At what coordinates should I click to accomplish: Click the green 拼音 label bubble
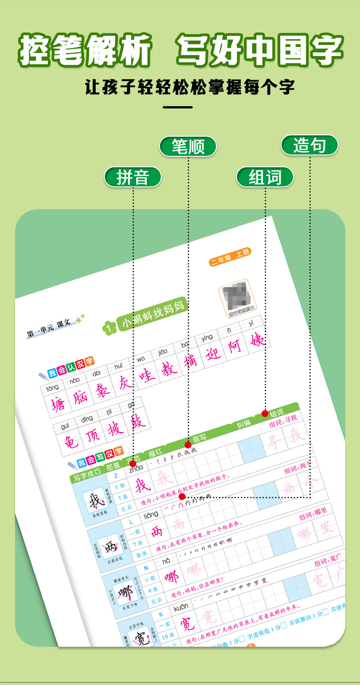(133, 177)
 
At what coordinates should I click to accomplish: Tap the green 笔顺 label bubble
(188, 146)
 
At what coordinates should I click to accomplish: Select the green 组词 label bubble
(265, 177)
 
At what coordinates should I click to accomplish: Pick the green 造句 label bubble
(309, 145)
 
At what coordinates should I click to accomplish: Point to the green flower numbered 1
(109, 328)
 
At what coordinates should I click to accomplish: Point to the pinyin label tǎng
(52, 387)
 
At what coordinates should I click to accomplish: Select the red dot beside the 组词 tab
(265, 413)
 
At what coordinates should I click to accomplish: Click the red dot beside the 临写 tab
(188, 445)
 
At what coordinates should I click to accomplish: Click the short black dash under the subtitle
(178, 108)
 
